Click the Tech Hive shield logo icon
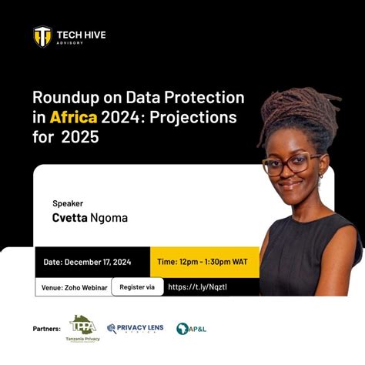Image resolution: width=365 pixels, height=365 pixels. point(42,36)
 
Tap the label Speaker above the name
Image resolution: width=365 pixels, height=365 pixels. point(68,203)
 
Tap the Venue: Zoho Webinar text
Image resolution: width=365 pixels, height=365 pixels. point(72,287)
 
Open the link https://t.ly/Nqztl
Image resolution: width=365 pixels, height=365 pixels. point(197,287)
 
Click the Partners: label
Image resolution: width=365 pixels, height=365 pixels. point(48,328)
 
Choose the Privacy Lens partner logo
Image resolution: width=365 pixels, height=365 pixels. point(136,328)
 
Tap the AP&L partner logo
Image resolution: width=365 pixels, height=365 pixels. point(191,328)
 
